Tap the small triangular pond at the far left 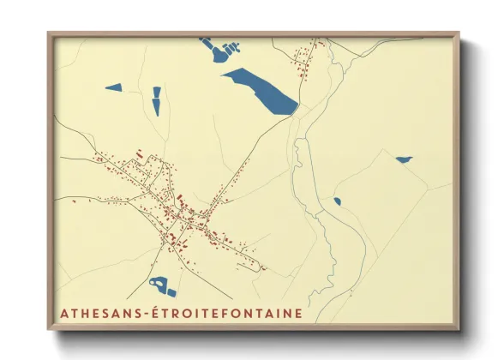coord(114,87)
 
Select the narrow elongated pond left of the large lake coord(156,100)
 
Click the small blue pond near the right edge coord(402,159)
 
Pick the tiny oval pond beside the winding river coord(337,201)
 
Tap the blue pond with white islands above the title coord(162,285)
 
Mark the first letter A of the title coord(63,314)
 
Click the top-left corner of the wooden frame coord(50,34)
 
